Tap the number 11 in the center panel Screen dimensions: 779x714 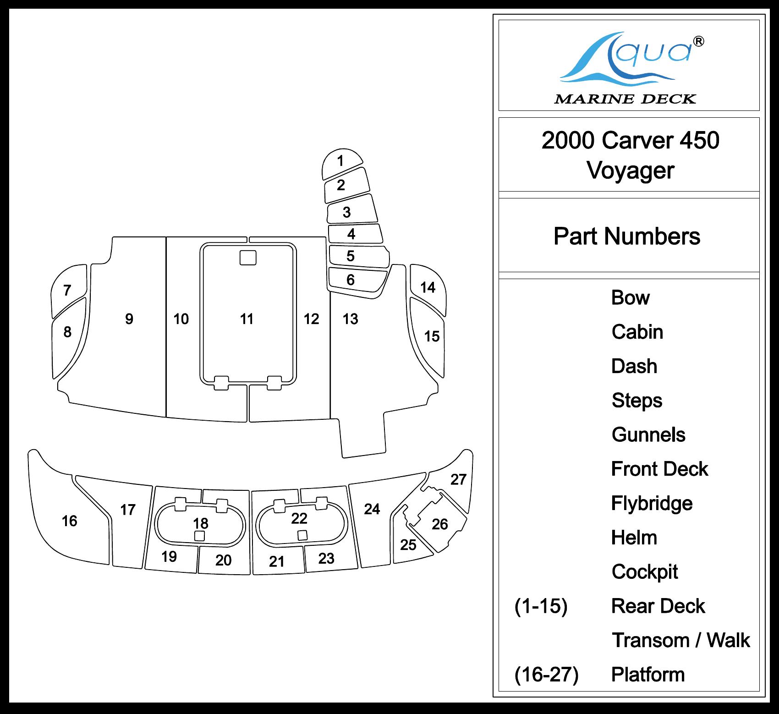click(x=247, y=319)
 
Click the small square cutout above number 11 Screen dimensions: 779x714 click(x=248, y=257)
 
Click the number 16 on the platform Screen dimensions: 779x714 click(x=69, y=521)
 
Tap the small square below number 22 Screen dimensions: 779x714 click(x=302, y=535)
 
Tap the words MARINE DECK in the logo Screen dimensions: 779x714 click(x=625, y=99)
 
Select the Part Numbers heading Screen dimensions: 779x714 click(x=627, y=236)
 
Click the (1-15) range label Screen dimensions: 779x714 click(x=541, y=606)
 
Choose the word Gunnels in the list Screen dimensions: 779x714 click(x=648, y=435)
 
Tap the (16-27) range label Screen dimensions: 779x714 click(x=546, y=675)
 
